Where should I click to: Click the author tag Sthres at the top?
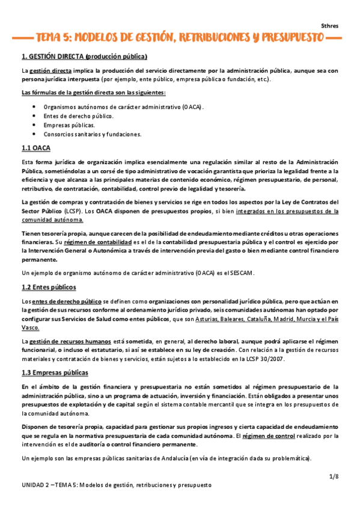point(330,26)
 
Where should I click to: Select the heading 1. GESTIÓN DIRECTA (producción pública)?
point(84,57)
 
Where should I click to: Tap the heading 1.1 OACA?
point(35,148)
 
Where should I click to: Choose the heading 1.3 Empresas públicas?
point(54,373)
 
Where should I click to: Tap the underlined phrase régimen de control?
point(269,435)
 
